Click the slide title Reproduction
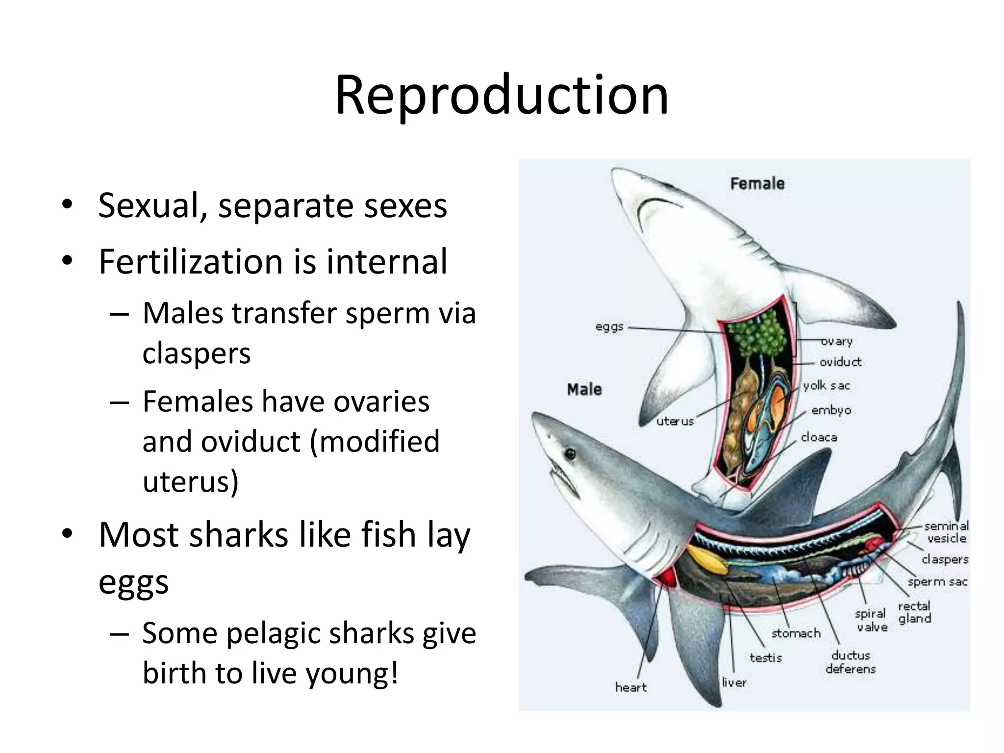coord(502,96)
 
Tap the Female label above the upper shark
coord(757,184)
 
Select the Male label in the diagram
coord(584,390)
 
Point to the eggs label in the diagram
coord(609,327)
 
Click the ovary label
coord(837,341)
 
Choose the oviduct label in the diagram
coord(840,362)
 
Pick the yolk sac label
coord(827,386)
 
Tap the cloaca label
coord(819,437)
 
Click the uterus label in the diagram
coord(675,422)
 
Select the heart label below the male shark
coord(631,687)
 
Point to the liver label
coord(734,682)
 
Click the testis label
coord(765,658)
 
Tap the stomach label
coord(796,633)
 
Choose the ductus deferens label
coord(851,662)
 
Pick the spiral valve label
coord(871,620)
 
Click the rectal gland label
coord(914,612)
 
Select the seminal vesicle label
coord(946,532)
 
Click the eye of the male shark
coord(570,453)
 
